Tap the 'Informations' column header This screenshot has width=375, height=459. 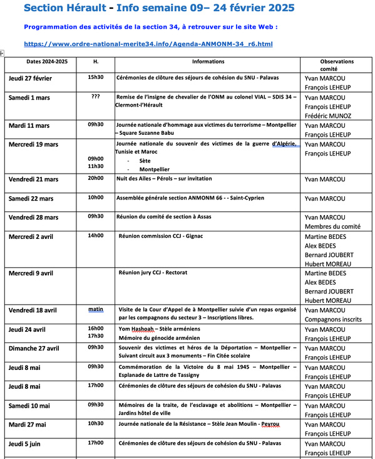(x=208, y=61)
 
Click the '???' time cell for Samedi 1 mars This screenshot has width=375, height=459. (x=95, y=97)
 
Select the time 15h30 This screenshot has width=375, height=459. (x=95, y=77)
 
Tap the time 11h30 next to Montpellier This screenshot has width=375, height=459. (x=95, y=166)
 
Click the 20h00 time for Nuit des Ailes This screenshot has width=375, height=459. (x=95, y=178)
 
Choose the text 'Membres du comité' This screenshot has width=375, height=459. (x=332, y=226)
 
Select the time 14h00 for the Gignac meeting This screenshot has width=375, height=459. (x=95, y=236)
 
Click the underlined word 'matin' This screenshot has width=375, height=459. (x=95, y=309)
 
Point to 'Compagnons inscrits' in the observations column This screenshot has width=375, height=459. (x=334, y=319)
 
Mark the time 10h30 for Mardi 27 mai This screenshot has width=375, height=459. (x=95, y=423)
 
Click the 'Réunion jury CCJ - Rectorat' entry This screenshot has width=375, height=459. (x=153, y=273)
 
